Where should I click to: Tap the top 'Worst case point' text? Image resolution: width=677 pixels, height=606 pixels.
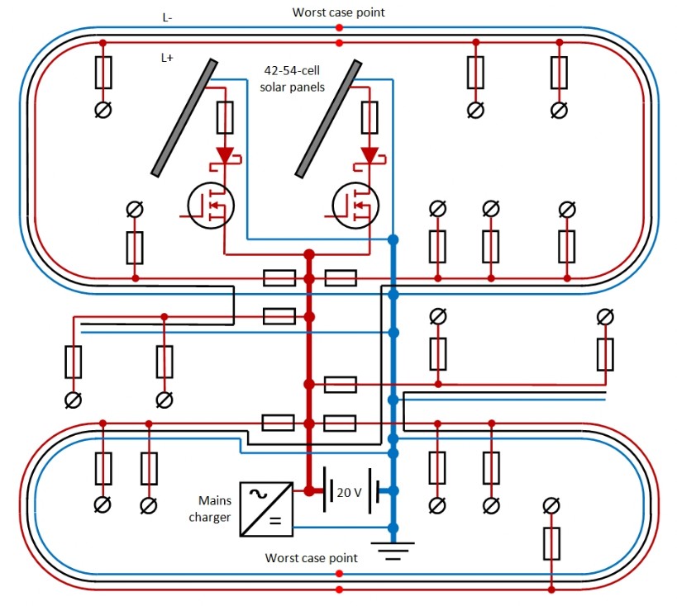coord(339,12)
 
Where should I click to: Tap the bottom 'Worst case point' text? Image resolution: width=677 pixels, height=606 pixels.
coord(311,558)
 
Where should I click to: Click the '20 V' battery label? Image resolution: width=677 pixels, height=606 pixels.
coord(349,492)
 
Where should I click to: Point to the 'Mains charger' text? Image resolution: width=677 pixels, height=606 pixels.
coord(213,509)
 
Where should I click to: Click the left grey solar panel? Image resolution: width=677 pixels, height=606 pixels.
coord(184,116)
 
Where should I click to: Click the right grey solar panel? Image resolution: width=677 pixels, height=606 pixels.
coord(329,116)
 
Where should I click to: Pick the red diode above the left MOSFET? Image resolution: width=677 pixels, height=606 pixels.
coord(225,155)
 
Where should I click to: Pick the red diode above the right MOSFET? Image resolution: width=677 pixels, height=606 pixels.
coord(369,155)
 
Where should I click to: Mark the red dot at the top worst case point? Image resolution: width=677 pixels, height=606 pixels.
coord(339,28)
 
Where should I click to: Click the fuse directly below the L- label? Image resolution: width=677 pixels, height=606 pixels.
coord(103,73)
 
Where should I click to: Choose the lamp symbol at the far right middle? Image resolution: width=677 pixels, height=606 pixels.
coord(605,316)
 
